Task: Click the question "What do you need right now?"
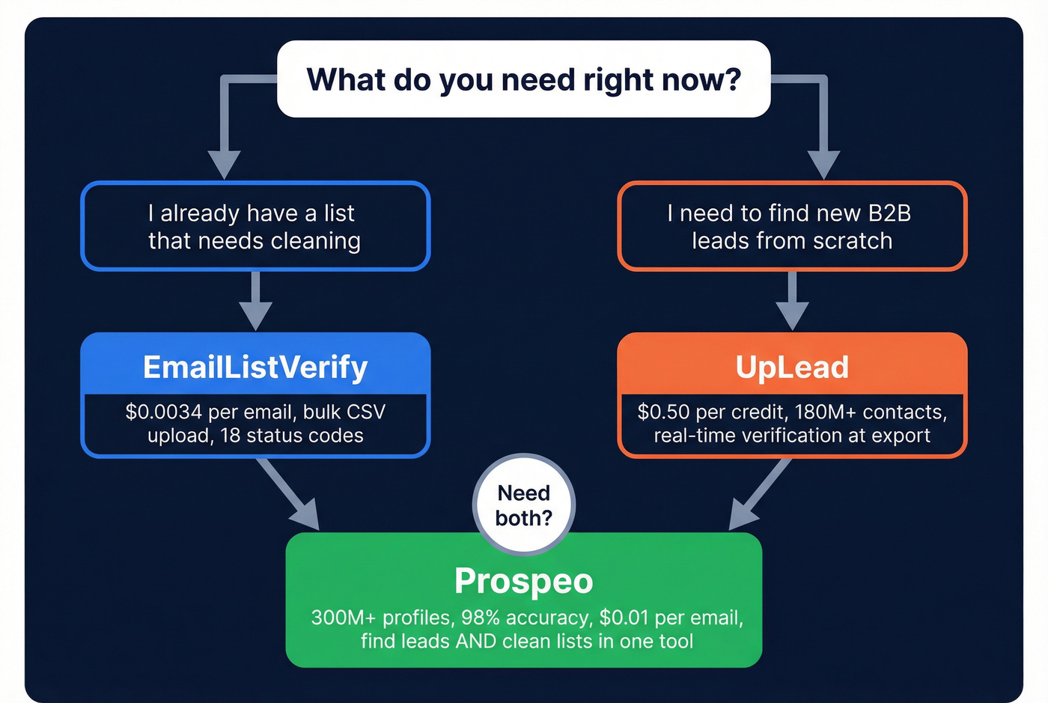(x=523, y=79)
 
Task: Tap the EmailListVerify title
(x=255, y=367)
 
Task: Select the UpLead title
(x=792, y=367)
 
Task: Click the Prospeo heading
(x=523, y=581)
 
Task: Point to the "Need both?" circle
(x=523, y=505)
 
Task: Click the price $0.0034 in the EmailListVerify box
(x=164, y=412)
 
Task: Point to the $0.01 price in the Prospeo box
(x=624, y=618)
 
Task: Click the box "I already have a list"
(x=255, y=226)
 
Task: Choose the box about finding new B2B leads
(x=792, y=226)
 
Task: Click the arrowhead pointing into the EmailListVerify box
(x=255, y=314)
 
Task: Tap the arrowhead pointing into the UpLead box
(x=792, y=314)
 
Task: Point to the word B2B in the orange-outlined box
(x=889, y=213)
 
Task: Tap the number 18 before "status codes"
(x=231, y=436)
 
